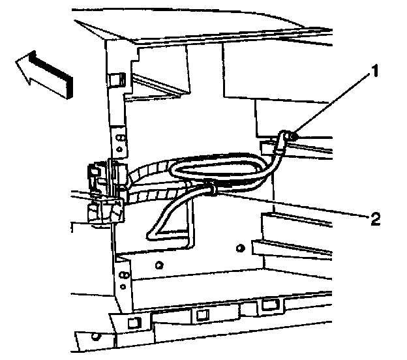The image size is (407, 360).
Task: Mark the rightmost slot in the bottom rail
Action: point(268,305)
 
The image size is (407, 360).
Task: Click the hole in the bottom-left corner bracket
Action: point(96,338)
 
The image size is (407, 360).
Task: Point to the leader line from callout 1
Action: point(326,105)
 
